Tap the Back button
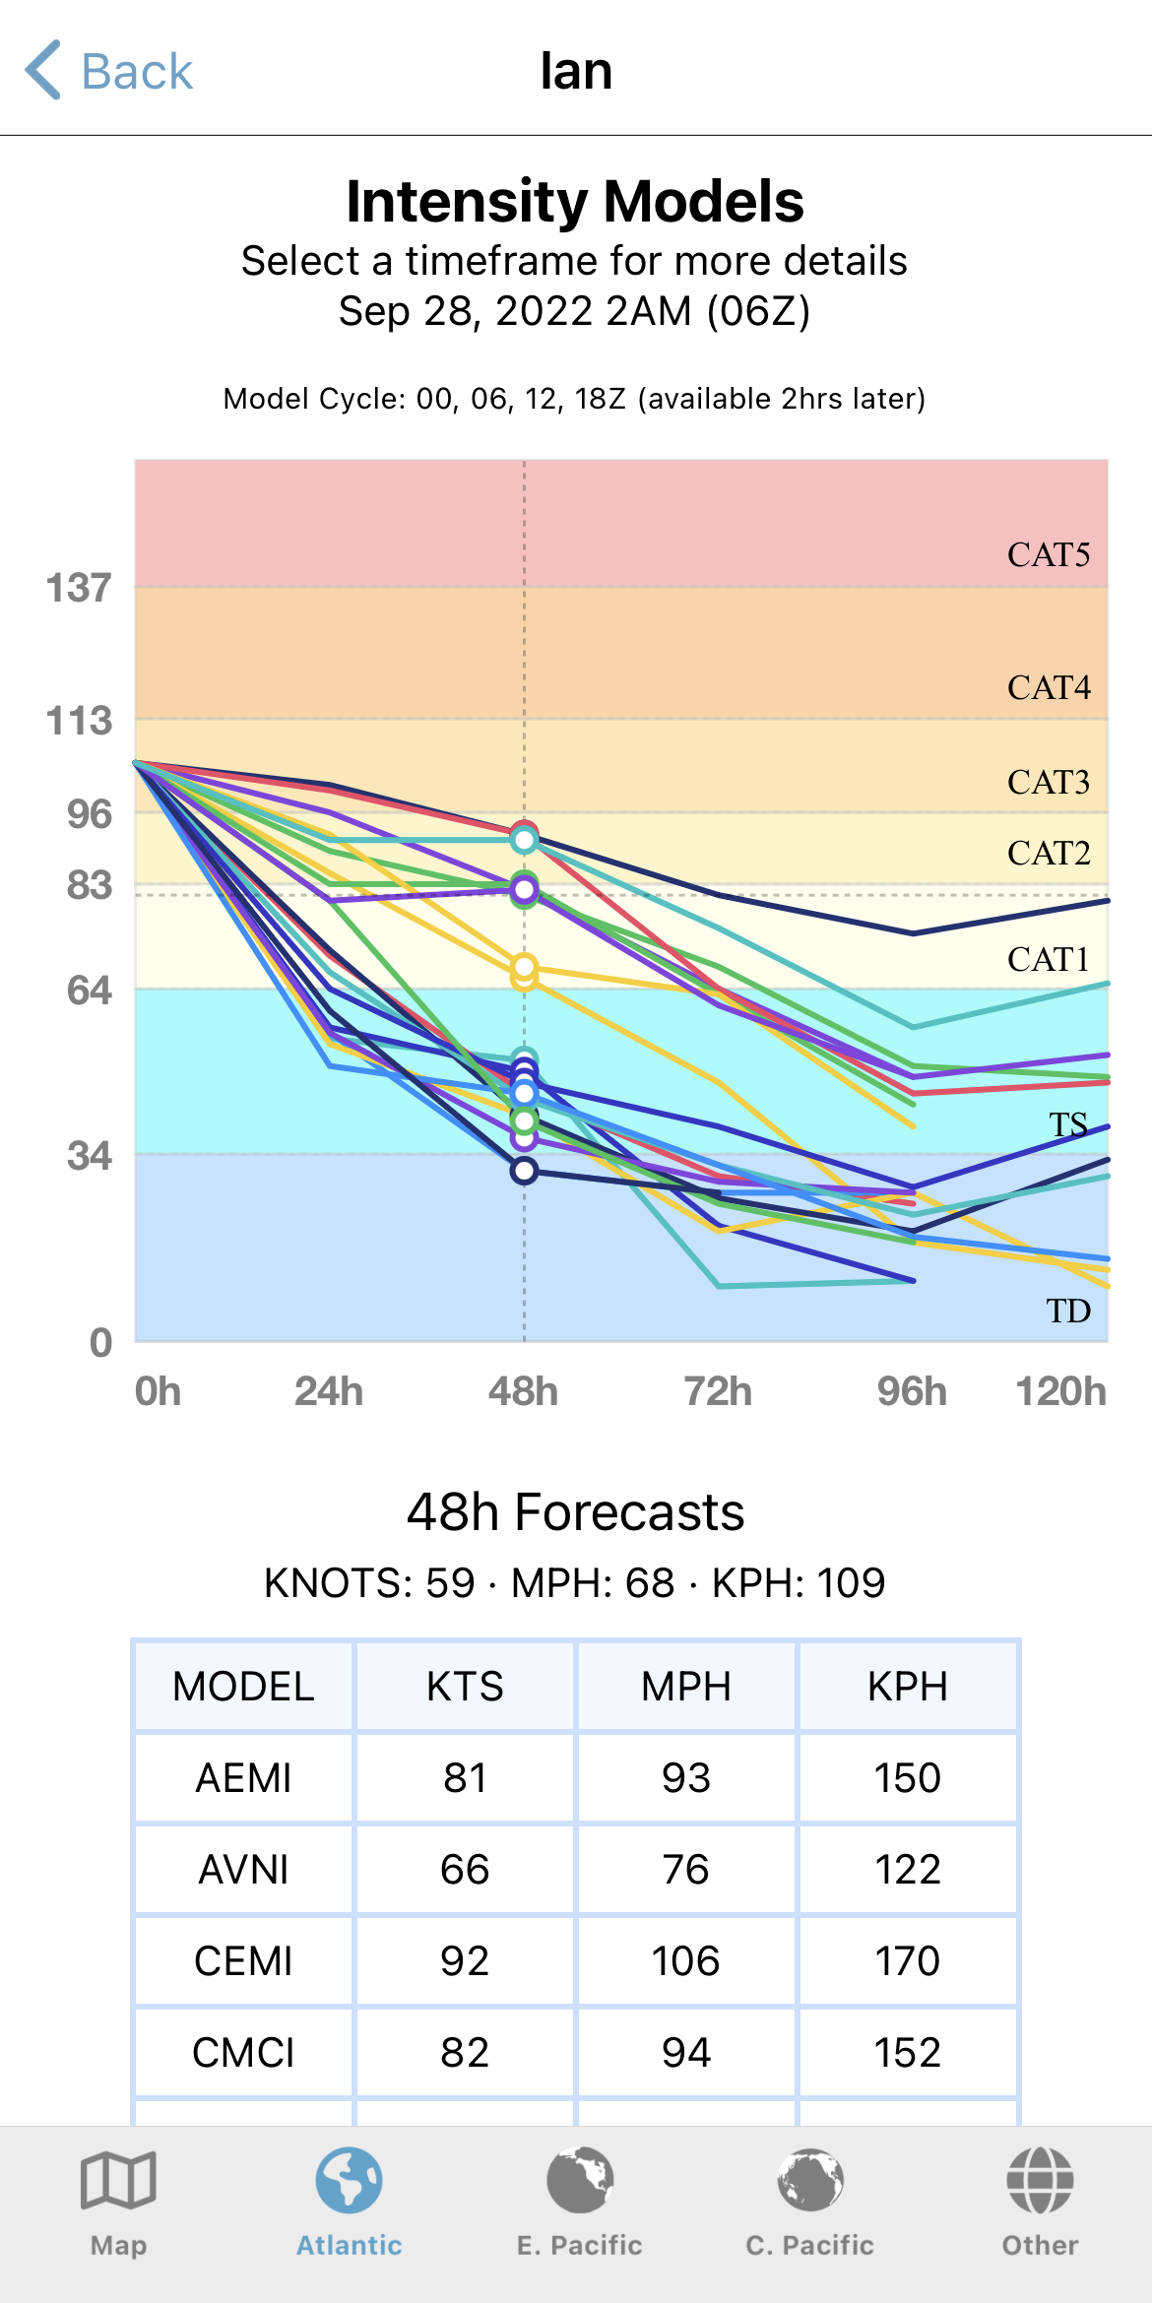[x=108, y=71]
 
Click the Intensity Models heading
[x=575, y=202]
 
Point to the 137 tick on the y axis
[x=79, y=588]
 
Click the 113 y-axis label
[x=79, y=721]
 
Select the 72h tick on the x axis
[x=718, y=1391]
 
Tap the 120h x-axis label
[x=1060, y=1391]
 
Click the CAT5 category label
[x=1048, y=555]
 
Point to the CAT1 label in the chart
[x=1048, y=959]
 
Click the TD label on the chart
[x=1068, y=1311]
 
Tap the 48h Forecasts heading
[x=575, y=1511]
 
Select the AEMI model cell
[x=243, y=1778]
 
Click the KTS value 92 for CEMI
[x=465, y=1961]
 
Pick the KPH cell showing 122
[x=907, y=1870]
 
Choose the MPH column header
[x=686, y=1687]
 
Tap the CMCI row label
[x=243, y=2053]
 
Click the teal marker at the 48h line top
[x=524, y=840]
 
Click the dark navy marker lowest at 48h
[x=524, y=1171]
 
